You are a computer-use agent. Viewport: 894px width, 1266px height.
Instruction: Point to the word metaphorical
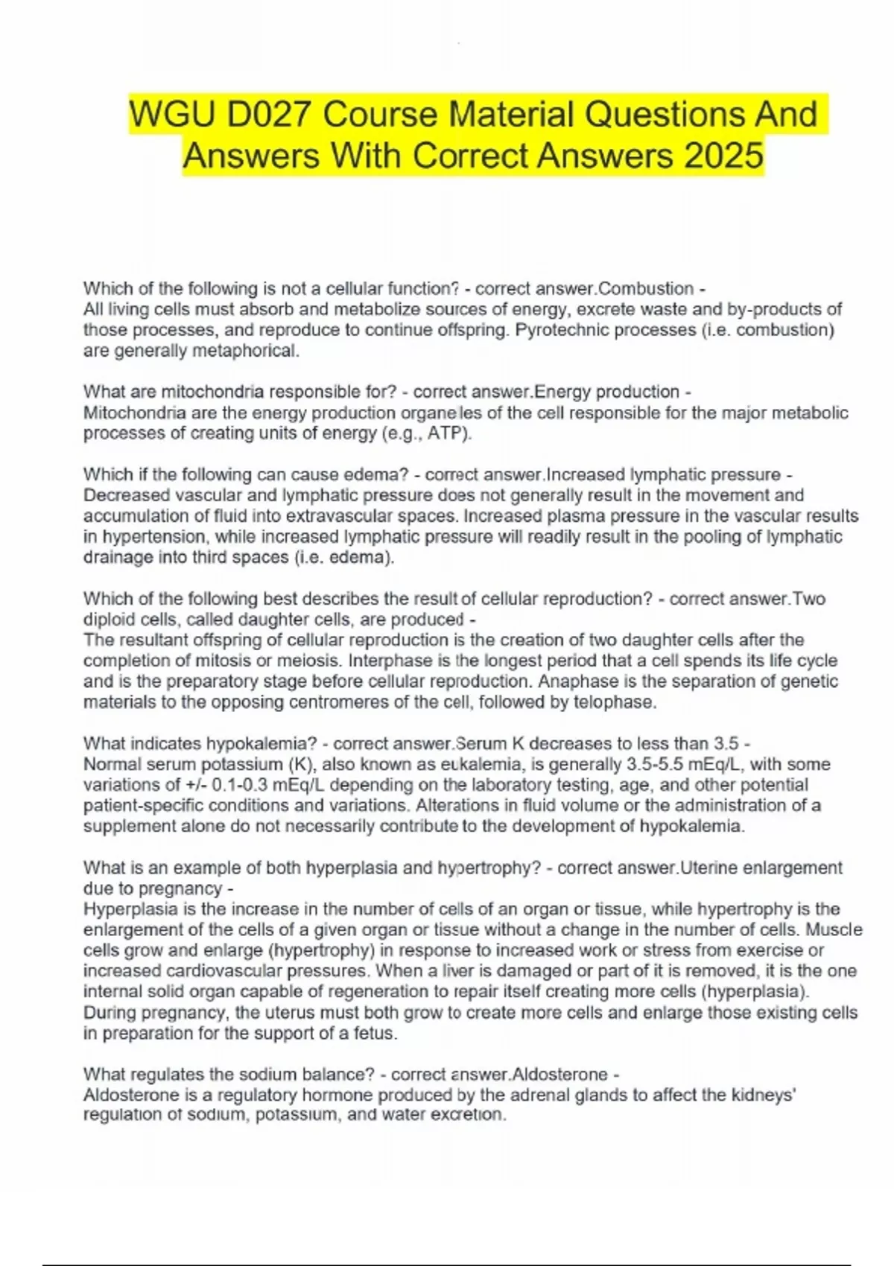point(246,351)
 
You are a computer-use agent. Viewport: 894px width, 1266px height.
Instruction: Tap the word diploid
point(107,620)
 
